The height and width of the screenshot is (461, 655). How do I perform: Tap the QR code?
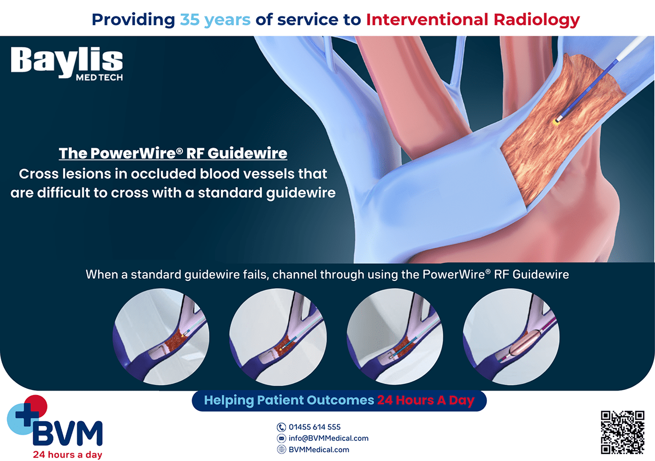coord(623,432)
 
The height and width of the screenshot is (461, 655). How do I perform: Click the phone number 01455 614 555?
coord(314,427)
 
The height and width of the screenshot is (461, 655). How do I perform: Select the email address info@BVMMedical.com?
coord(329,438)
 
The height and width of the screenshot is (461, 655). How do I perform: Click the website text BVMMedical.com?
coord(319,450)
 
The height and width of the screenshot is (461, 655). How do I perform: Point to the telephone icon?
coord(281,427)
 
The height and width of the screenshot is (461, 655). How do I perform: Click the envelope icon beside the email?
coord(281,439)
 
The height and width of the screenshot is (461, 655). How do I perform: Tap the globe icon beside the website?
coord(281,450)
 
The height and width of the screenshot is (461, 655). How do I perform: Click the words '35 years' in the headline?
coord(215,20)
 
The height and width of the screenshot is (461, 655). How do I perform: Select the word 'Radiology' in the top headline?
coord(537,20)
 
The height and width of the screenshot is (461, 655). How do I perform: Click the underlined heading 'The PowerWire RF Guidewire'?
coord(173,153)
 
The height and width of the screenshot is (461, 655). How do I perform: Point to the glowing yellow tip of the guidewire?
coord(556,122)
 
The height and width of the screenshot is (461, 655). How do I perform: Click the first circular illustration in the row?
coord(161,337)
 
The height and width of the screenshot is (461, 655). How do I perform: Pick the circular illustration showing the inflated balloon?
coord(511,337)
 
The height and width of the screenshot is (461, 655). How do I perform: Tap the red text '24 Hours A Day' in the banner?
coord(426,400)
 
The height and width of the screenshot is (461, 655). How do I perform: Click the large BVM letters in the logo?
coord(68,433)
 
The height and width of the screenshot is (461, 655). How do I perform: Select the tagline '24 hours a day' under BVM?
coord(68,454)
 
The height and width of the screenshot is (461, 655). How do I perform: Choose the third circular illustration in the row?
coord(395,337)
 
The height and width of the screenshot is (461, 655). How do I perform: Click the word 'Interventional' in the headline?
coord(427,19)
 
